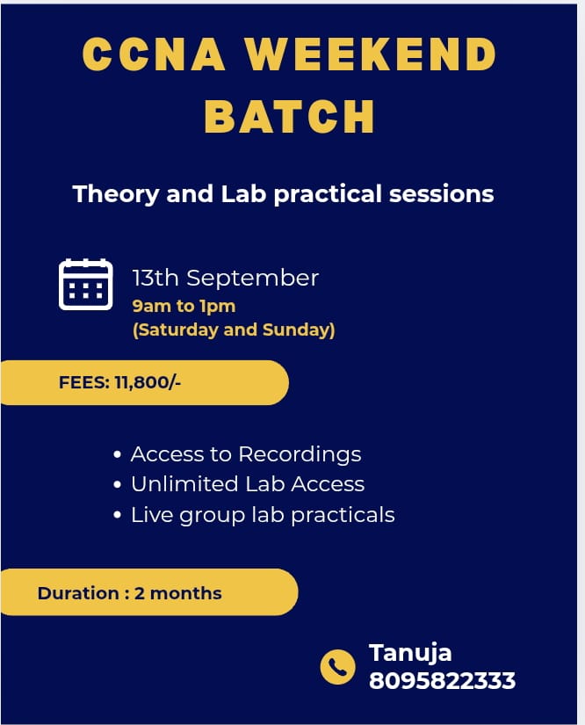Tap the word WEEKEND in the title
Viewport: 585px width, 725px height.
tap(371, 55)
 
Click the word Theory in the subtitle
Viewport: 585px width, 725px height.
tap(116, 193)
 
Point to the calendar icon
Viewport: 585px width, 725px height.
tap(85, 284)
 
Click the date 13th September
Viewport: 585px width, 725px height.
tap(225, 278)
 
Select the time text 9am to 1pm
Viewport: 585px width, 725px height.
tap(184, 307)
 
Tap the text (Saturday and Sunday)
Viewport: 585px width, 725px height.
tap(234, 330)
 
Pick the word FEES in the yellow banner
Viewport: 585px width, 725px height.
tap(83, 383)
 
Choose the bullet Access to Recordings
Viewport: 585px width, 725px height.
tap(245, 454)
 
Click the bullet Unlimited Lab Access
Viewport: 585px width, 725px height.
tap(247, 484)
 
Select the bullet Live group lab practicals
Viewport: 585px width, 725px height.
tap(262, 515)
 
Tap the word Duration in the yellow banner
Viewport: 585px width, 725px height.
tap(78, 593)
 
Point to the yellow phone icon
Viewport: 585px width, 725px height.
tap(337, 667)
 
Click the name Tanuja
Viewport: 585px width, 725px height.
tap(410, 653)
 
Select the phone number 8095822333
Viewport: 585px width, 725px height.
tap(442, 680)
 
